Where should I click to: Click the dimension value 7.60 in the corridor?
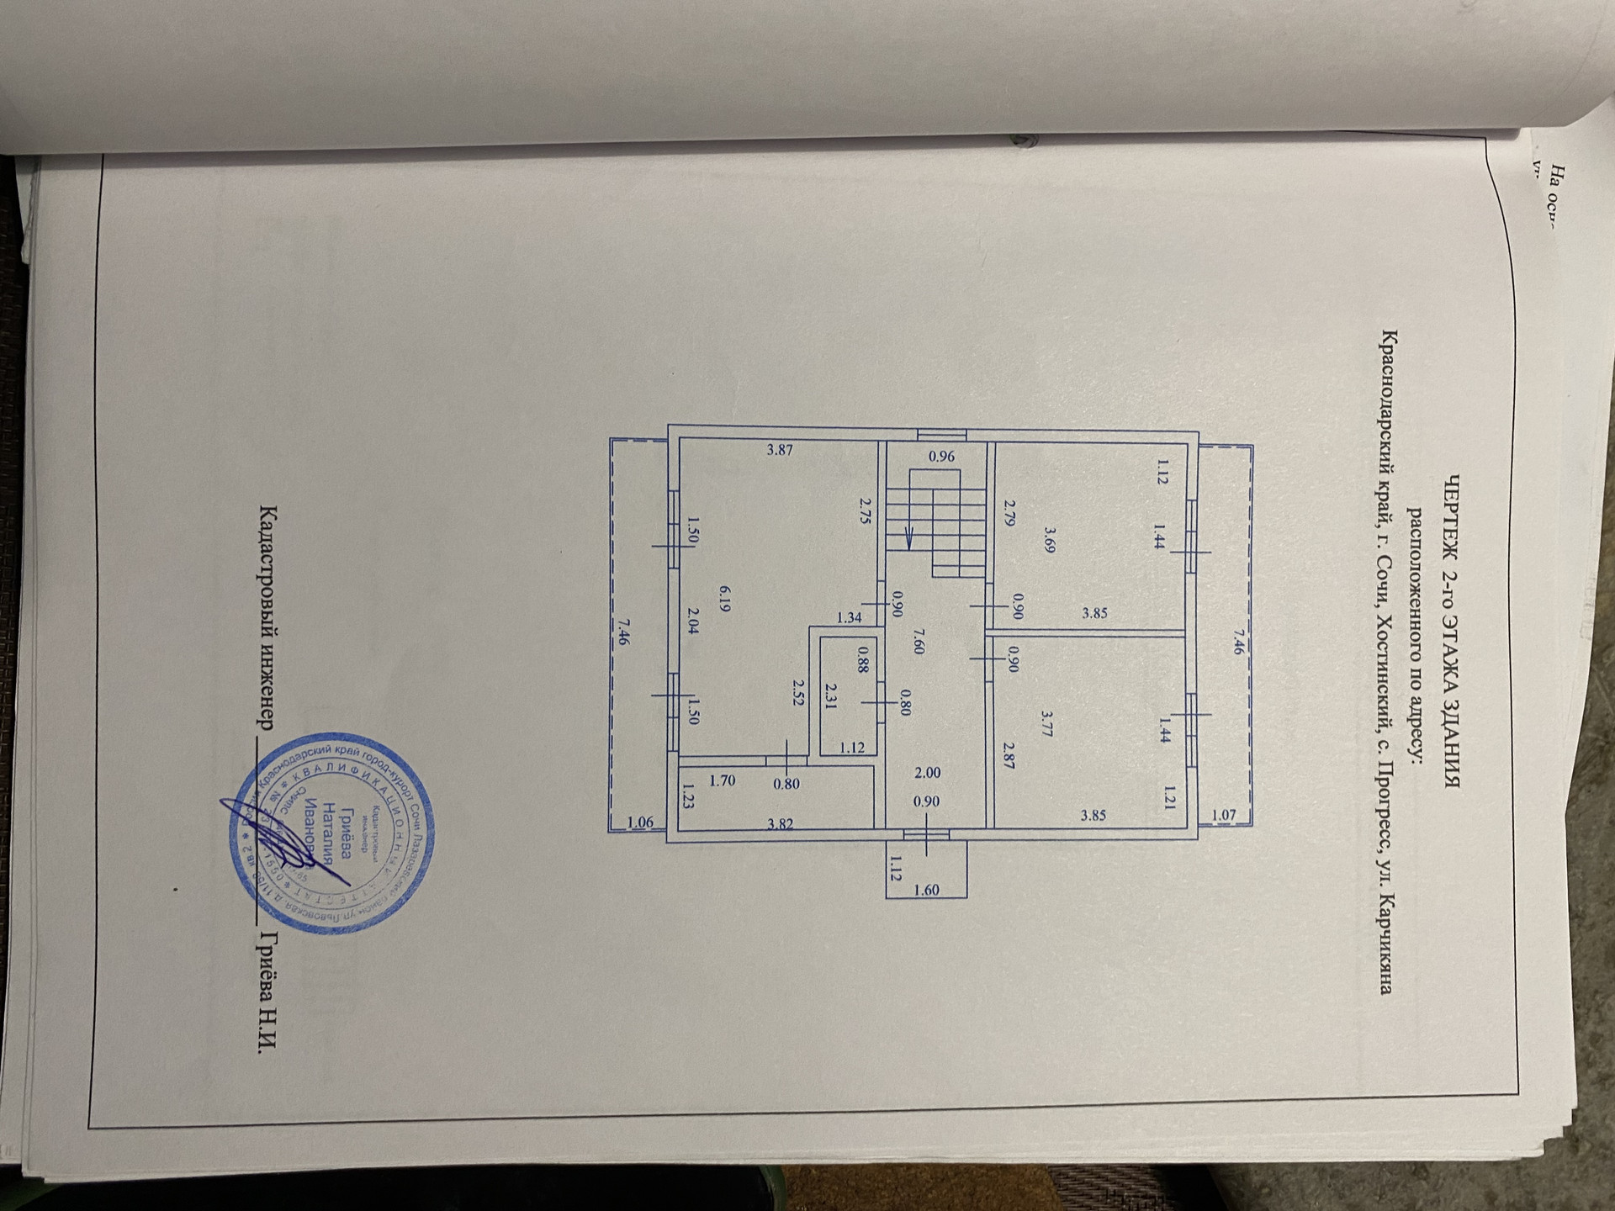pos(919,641)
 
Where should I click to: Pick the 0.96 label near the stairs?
pos(941,457)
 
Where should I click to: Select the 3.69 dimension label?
pos(1049,539)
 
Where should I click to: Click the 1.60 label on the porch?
pos(926,890)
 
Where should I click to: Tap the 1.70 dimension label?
pos(722,780)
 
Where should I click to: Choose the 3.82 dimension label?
pos(781,825)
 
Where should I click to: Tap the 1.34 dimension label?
pos(850,617)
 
